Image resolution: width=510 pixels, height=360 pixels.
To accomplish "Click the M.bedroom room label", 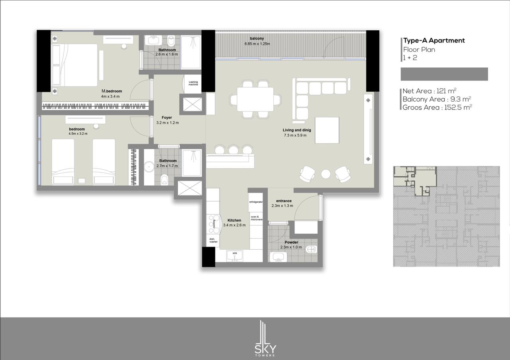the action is coord(112,91).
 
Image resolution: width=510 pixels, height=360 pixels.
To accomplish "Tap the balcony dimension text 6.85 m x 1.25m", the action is coord(257,44).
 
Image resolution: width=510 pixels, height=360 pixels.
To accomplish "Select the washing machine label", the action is coord(193,83).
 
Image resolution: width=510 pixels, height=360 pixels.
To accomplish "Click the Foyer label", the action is coord(167,117).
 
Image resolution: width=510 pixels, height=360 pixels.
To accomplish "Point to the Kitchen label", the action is coord(234,220).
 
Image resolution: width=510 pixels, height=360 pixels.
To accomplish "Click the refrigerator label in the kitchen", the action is coord(256,202).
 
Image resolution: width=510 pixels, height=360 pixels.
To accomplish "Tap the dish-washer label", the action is coord(213,240).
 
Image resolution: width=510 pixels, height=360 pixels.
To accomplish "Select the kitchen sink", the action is coord(235,256).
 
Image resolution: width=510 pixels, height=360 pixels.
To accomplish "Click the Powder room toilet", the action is coord(312,250).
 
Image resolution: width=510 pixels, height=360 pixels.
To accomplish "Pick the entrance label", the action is coord(284,201).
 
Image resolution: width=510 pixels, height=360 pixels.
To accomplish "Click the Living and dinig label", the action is coord(297,130).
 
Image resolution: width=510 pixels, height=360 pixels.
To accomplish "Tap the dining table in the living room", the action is coord(255,100).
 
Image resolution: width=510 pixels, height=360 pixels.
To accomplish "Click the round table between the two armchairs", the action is coord(326,174).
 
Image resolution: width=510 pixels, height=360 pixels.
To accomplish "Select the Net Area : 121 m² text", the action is coord(430,91).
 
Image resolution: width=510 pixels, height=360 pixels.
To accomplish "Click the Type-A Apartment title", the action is coord(434,41).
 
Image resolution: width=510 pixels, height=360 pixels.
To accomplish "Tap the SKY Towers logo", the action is coord(265,338).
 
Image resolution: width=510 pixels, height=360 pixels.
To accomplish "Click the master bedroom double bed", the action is coord(75,65).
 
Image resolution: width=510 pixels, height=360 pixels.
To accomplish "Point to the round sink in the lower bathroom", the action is coord(149,167).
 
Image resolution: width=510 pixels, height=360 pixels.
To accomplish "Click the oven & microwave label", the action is coord(256,218).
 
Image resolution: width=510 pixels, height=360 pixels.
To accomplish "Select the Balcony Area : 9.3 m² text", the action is coord(437,99).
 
